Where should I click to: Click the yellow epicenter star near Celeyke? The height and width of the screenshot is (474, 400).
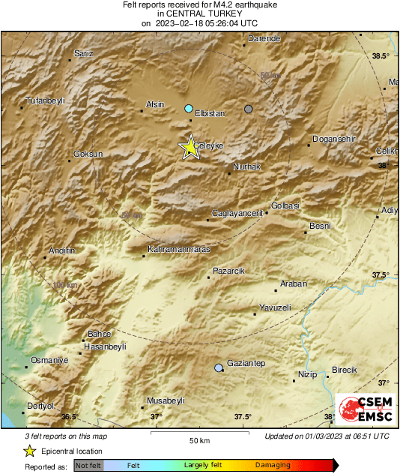click(x=190, y=148)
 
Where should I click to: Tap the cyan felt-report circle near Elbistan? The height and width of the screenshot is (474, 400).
click(x=189, y=108)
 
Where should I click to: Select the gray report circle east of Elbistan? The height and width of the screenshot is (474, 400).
click(x=249, y=109)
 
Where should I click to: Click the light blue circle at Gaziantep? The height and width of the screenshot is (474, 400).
click(x=218, y=367)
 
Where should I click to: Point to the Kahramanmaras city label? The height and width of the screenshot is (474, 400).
click(x=179, y=248)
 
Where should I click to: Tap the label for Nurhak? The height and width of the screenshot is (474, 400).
click(x=246, y=167)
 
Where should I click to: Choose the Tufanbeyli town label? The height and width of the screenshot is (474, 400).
click(x=46, y=100)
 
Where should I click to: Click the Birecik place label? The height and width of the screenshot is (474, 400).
click(x=345, y=370)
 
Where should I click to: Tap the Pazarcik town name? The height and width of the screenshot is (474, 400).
click(x=230, y=270)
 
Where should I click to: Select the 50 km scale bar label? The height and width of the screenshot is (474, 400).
click(x=199, y=440)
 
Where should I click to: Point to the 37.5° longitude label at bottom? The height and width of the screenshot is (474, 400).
click(x=242, y=417)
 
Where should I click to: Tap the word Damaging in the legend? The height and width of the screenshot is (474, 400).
click(x=273, y=465)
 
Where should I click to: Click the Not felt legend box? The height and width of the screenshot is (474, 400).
click(x=89, y=466)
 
